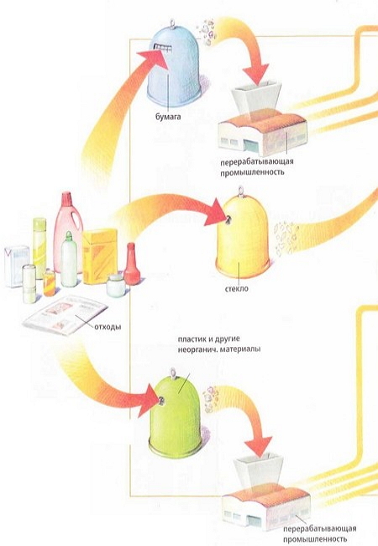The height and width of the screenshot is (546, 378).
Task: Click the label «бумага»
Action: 168,117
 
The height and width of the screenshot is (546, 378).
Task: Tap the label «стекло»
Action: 237,289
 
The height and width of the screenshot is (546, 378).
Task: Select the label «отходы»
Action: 108,327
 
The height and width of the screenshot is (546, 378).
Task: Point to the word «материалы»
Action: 243,349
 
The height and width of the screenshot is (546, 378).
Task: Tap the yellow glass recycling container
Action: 243,233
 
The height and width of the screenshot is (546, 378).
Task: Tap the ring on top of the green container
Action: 173,373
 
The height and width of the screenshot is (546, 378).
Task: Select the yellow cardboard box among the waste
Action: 100,256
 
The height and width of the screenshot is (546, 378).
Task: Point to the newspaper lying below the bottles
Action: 66,315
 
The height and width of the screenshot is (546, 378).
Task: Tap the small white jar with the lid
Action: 116,286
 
